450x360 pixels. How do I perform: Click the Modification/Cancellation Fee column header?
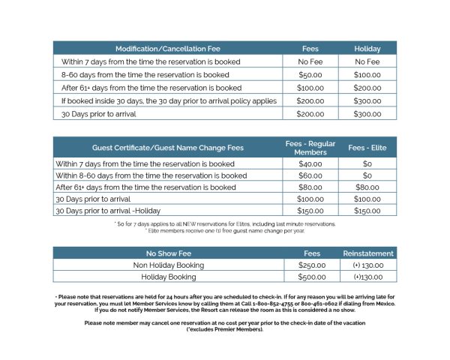(x=168, y=49)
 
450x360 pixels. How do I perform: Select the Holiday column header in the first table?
(x=367, y=49)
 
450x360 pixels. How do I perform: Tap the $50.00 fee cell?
(x=310, y=75)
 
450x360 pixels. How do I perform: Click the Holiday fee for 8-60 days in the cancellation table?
(x=367, y=75)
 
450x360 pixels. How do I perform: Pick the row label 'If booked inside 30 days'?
(x=169, y=100)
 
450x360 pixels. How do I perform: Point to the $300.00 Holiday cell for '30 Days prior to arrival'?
(x=367, y=114)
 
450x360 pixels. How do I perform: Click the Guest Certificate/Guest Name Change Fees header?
(x=168, y=148)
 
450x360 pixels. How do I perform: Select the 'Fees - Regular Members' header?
(x=310, y=148)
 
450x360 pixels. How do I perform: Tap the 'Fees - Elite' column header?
(x=367, y=148)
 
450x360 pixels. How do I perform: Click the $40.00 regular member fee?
(x=310, y=163)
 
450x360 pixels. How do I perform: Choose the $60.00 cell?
(x=310, y=175)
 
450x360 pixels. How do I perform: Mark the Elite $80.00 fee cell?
(x=367, y=187)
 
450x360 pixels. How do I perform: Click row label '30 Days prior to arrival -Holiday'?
(x=112, y=211)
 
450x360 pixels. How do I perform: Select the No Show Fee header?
(x=168, y=253)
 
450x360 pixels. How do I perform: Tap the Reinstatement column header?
(x=367, y=253)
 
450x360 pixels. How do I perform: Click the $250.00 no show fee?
(x=310, y=265)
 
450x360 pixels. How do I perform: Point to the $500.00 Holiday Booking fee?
(x=310, y=277)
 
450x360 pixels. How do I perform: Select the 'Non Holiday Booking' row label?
(x=168, y=265)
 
